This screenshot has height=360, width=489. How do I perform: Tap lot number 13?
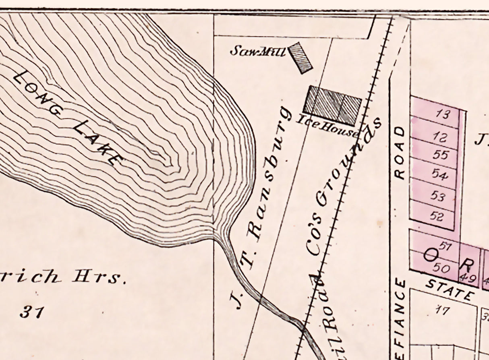[442, 115]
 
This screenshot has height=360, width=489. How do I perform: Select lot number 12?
[441, 138]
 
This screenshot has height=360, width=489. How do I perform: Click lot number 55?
[440, 155]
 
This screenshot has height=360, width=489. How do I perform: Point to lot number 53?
[438, 197]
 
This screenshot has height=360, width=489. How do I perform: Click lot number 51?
[444, 246]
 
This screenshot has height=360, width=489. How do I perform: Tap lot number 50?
[442, 267]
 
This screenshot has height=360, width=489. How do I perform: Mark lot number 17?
[442, 310]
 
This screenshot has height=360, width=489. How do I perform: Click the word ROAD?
[399, 153]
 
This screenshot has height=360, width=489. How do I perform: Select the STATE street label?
[449, 290]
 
